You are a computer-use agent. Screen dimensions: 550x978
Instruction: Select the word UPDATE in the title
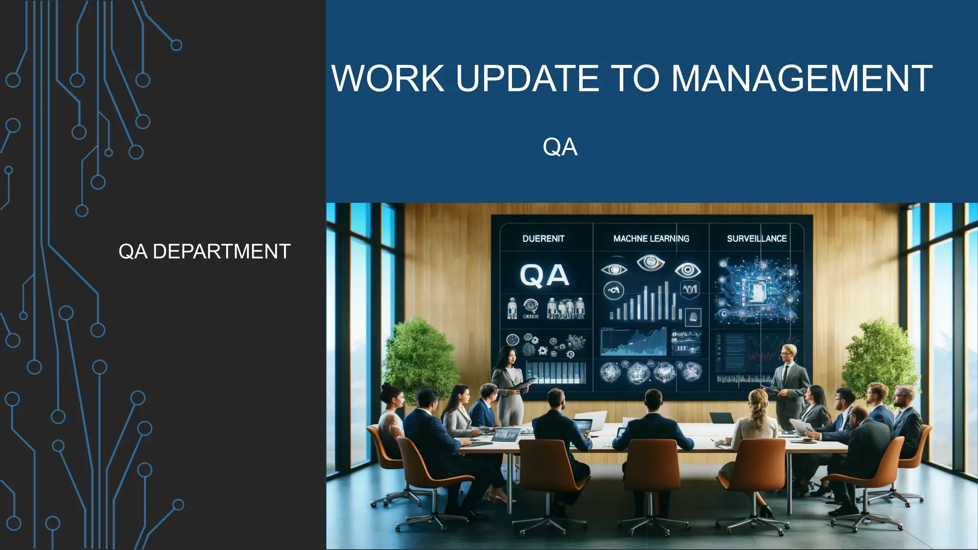tap(527, 78)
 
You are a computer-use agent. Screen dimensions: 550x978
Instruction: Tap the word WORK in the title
tap(388, 78)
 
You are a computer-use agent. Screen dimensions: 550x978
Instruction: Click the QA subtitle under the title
tap(560, 147)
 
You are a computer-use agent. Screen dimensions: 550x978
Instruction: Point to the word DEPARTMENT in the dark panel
tap(222, 252)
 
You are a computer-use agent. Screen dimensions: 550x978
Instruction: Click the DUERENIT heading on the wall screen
tap(543, 239)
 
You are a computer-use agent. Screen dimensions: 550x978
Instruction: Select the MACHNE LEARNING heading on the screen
tap(651, 239)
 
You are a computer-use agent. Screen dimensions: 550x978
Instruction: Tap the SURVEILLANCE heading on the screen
tap(756, 239)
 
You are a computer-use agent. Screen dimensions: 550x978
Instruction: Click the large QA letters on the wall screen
tap(544, 275)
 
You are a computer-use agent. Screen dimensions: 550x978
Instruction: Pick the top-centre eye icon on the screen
tap(650, 262)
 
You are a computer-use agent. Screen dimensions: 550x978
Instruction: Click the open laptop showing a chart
tap(506, 435)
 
